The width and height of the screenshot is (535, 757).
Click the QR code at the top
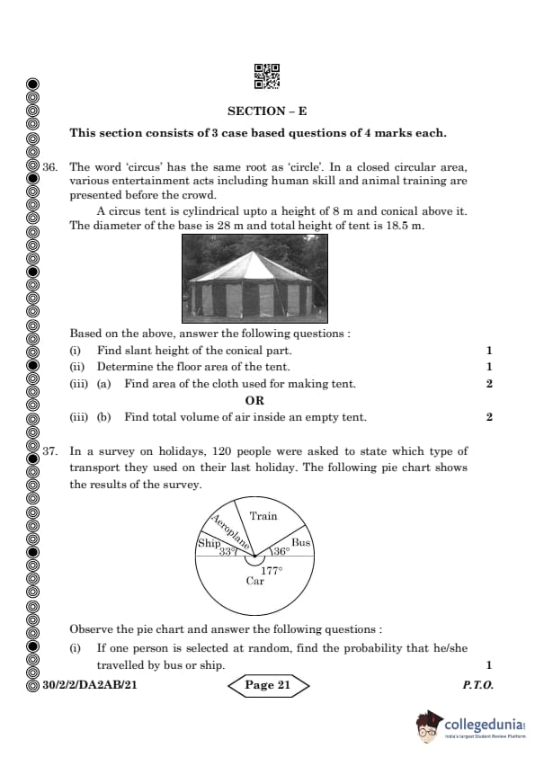[x=267, y=76]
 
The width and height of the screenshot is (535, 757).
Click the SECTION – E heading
[x=267, y=111]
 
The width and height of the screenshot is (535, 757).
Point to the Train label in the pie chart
[x=263, y=516]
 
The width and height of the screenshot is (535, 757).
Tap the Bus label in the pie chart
[x=300, y=542]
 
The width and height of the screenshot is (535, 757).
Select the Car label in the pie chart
[x=255, y=581]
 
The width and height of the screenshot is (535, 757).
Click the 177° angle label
[x=271, y=570]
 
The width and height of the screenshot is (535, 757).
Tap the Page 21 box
[x=267, y=685]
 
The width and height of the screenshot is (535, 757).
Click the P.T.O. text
[x=477, y=685]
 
